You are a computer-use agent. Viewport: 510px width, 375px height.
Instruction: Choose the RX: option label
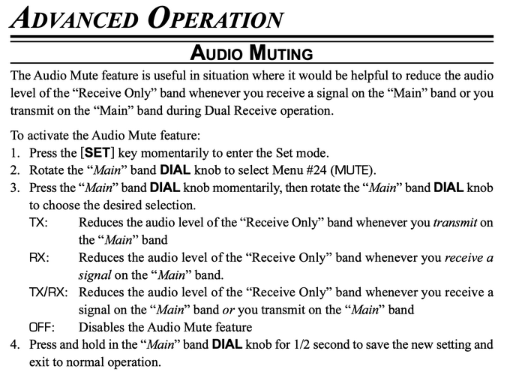point(39,258)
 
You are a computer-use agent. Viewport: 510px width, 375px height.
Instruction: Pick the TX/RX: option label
point(48,292)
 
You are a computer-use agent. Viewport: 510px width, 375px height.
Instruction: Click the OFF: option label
point(40,328)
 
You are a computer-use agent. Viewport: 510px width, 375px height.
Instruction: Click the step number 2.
point(14,169)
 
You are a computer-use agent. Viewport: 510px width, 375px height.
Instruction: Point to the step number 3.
point(14,187)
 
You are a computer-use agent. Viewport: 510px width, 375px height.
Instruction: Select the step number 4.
point(14,345)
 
